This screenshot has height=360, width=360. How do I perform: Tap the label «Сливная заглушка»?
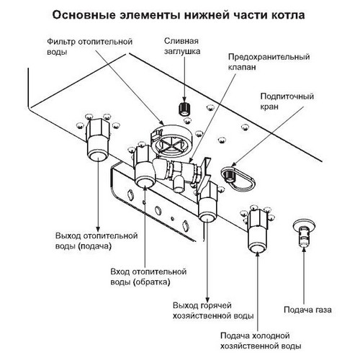click(x=182, y=46)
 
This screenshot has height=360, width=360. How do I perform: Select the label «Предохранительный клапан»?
click(x=269, y=62)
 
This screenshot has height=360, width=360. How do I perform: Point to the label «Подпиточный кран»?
click(x=287, y=102)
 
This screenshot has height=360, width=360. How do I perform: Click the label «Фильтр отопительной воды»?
click(x=89, y=47)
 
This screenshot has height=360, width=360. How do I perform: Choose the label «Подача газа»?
click(x=307, y=310)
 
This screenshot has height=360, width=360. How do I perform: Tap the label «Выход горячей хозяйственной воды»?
click(x=213, y=310)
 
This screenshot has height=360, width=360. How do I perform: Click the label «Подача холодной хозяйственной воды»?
click(x=261, y=341)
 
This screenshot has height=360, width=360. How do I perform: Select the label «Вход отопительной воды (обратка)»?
click(x=148, y=276)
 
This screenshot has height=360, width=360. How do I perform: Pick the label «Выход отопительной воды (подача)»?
click(x=96, y=240)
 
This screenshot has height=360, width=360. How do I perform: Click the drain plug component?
click(x=184, y=109)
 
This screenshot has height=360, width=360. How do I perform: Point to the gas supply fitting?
click(x=304, y=233)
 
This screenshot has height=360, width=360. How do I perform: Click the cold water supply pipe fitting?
click(x=257, y=231)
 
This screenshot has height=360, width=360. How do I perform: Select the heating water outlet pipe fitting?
click(x=97, y=140)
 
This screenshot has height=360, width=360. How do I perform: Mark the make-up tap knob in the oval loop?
click(x=230, y=175)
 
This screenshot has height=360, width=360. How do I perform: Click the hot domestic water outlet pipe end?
click(x=207, y=217)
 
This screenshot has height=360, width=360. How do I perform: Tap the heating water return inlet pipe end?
click(x=144, y=181)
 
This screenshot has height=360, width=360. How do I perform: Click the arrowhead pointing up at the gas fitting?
click(x=304, y=250)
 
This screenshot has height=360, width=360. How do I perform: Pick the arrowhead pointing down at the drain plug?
click(x=184, y=99)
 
